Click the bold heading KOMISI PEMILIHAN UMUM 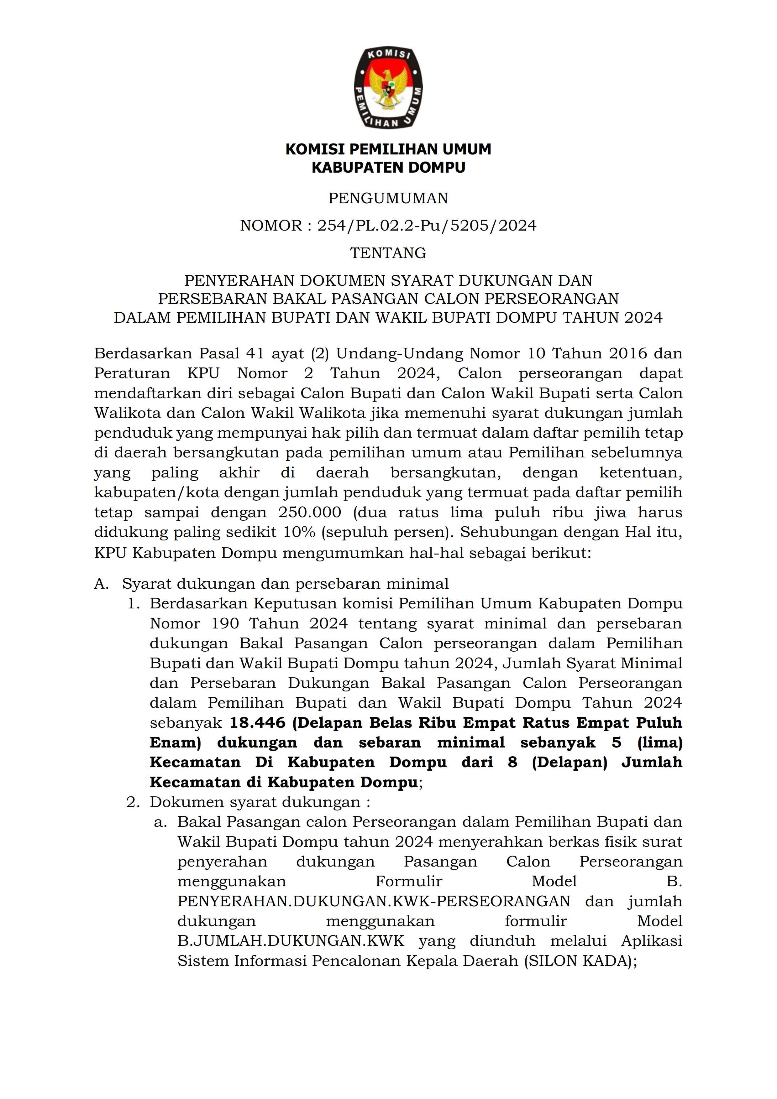coord(388,149)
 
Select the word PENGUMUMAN coord(388,198)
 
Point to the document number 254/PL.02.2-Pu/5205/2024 coord(427,226)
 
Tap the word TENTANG coord(388,253)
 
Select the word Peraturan coord(132,373)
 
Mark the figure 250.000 coord(309,513)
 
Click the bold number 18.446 coord(258,723)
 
